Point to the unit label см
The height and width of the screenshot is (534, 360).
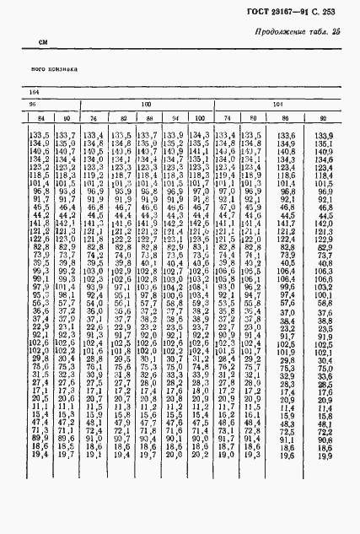click(44, 41)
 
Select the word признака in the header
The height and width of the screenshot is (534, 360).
click(63, 70)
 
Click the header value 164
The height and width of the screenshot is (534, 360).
click(35, 91)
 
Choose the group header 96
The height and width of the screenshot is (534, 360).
click(35, 104)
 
